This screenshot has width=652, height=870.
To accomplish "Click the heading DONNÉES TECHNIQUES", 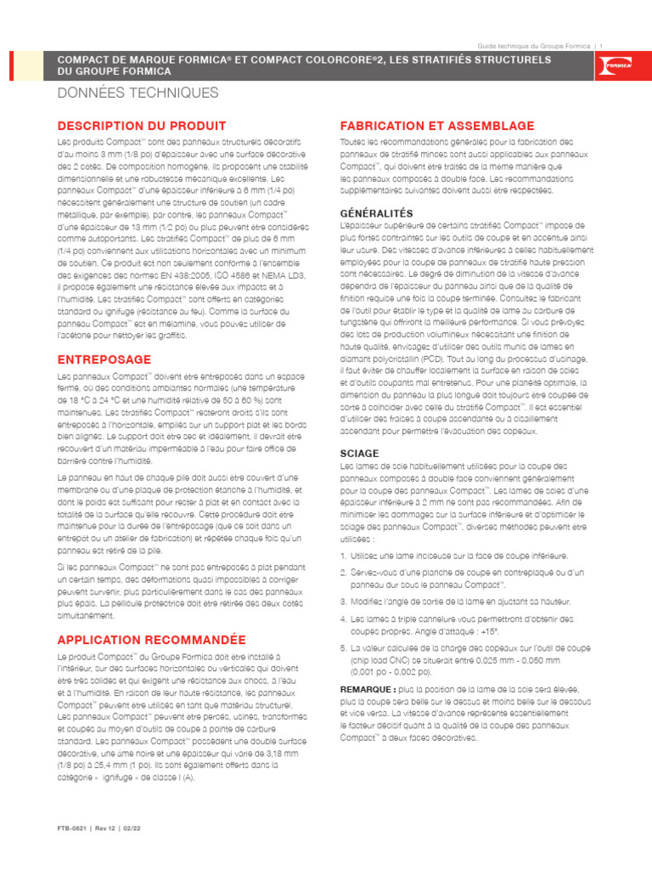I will (138, 93).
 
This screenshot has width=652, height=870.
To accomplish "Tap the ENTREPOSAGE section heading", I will (104, 359).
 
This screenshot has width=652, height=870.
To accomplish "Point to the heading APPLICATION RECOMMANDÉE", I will (151, 639).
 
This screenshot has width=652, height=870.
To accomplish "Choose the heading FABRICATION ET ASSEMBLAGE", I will (437, 125).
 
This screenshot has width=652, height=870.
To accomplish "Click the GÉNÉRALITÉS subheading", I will (376, 212).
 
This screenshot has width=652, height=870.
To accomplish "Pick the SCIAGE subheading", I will (359, 454).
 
